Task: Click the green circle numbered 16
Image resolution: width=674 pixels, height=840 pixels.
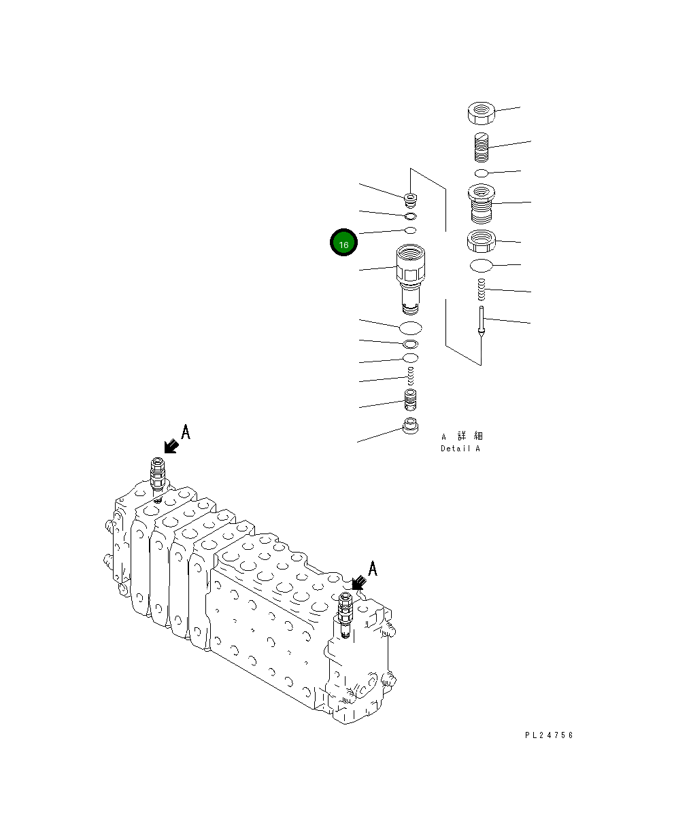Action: coord(343,243)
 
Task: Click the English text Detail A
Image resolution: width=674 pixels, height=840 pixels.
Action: coord(460,449)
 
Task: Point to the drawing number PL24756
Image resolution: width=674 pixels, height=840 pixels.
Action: coord(549,735)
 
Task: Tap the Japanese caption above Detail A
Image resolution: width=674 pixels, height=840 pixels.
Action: coord(462,436)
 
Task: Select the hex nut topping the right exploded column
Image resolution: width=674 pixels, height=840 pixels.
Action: coord(481,113)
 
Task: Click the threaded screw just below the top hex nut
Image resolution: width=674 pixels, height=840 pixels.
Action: coord(481,147)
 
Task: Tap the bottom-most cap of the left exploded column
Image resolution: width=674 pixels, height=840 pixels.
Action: coord(410,429)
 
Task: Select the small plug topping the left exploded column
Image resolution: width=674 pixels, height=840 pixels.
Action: coord(411,199)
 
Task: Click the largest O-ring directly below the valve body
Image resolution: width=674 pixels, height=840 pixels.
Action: coord(410,328)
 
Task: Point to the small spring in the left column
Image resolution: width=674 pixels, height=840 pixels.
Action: coord(410,375)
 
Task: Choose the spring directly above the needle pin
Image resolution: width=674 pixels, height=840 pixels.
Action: coord(481,290)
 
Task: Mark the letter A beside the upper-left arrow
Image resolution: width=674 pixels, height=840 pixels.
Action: coord(185,432)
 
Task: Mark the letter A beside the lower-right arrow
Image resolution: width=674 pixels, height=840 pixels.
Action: coord(372,568)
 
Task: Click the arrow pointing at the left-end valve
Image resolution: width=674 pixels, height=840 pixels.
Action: coord(171,446)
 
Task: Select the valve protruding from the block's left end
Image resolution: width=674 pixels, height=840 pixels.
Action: coord(157,476)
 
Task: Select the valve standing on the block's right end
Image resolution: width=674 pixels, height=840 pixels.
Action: coord(345,615)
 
